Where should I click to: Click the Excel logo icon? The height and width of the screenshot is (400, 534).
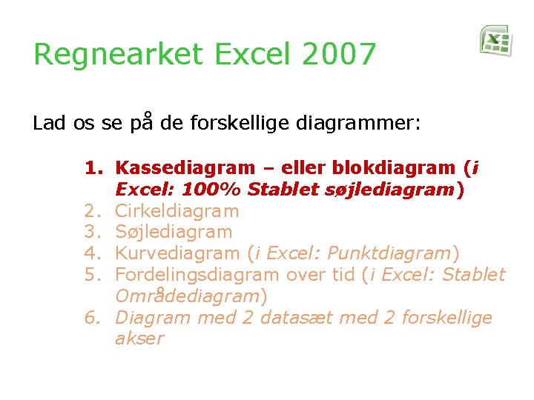click(495, 40)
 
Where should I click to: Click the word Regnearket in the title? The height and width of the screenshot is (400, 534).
click(107, 55)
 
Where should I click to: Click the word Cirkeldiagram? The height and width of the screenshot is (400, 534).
click(177, 211)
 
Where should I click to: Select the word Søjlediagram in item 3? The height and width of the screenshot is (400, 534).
click(174, 233)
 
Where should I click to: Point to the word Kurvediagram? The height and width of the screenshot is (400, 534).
click(178, 253)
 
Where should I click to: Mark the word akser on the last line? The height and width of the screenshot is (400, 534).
click(139, 339)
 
